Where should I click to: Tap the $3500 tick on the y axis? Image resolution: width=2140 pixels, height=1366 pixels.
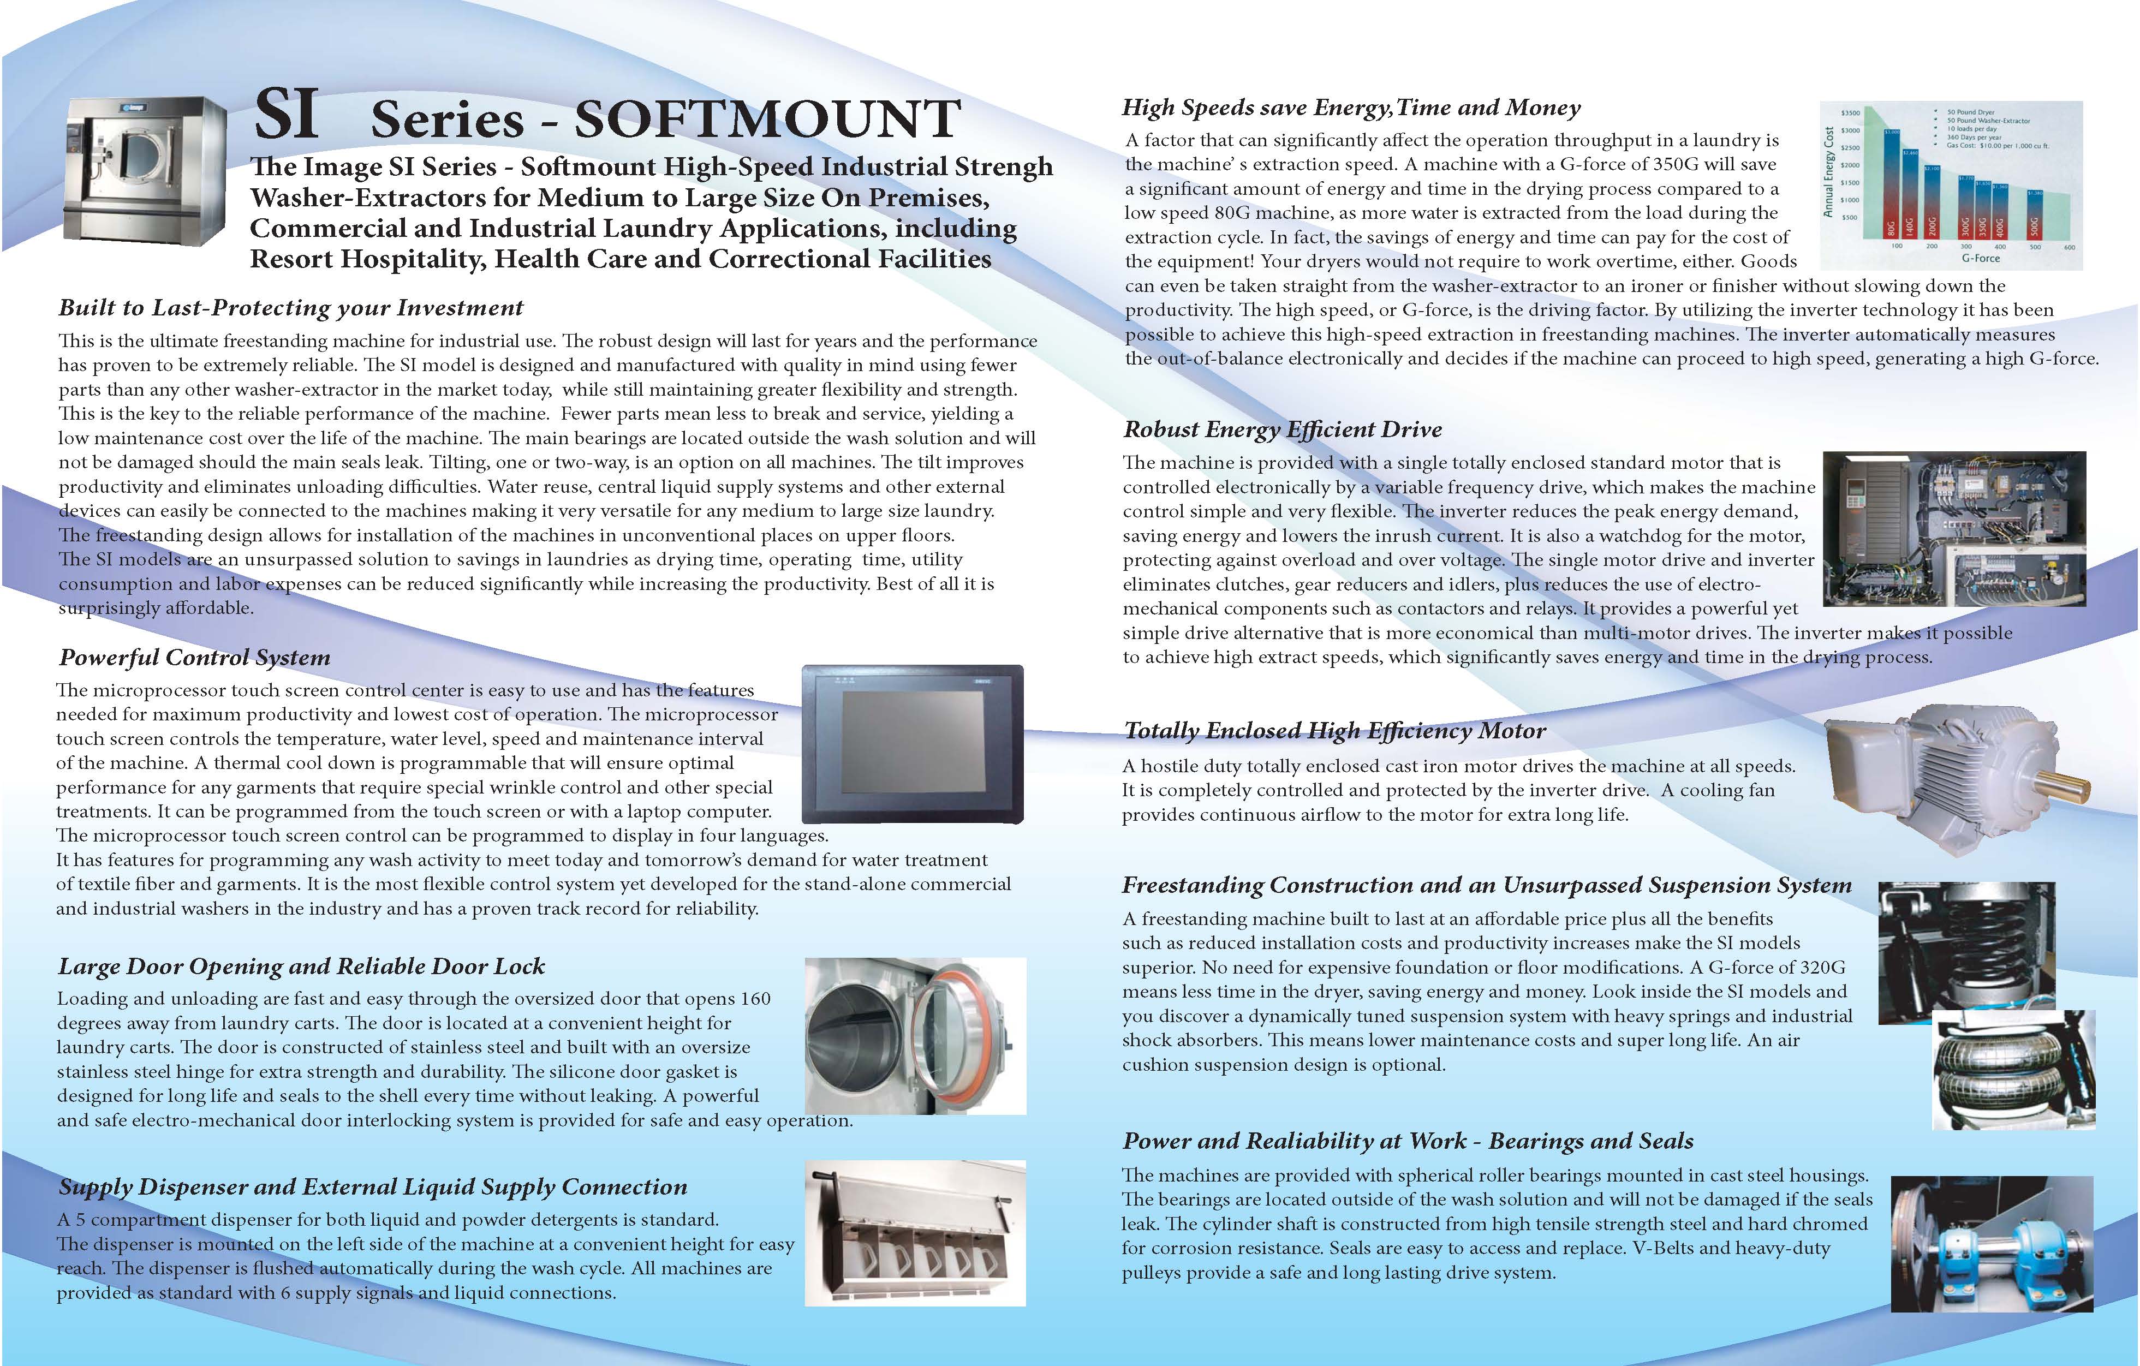pyautogui.click(x=1850, y=114)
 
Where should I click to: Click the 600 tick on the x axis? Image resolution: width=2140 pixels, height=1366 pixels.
pyautogui.click(x=2069, y=247)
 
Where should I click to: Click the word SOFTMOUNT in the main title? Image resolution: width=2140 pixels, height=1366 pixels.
pyautogui.click(x=767, y=119)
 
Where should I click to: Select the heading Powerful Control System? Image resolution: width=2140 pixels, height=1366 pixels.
pyautogui.click(x=195, y=658)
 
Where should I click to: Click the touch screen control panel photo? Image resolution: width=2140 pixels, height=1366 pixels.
pyautogui.click(x=913, y=744)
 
